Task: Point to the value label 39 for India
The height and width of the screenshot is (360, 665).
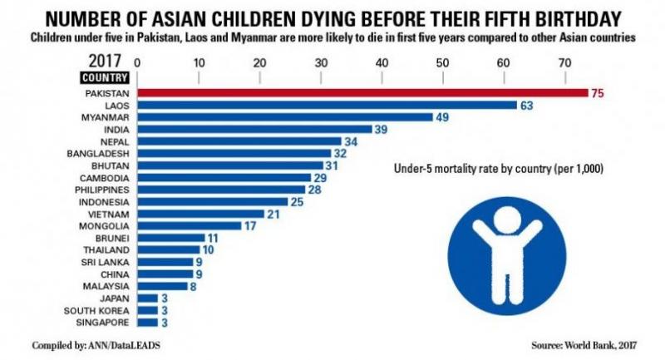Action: pos(381,130)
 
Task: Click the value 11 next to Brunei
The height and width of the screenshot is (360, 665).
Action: pos(213,238)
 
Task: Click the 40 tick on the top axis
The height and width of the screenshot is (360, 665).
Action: pos(382,62)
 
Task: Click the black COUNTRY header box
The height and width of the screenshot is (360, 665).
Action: pos(104,78)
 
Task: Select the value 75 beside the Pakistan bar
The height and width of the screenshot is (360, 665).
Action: pos(597,93)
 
